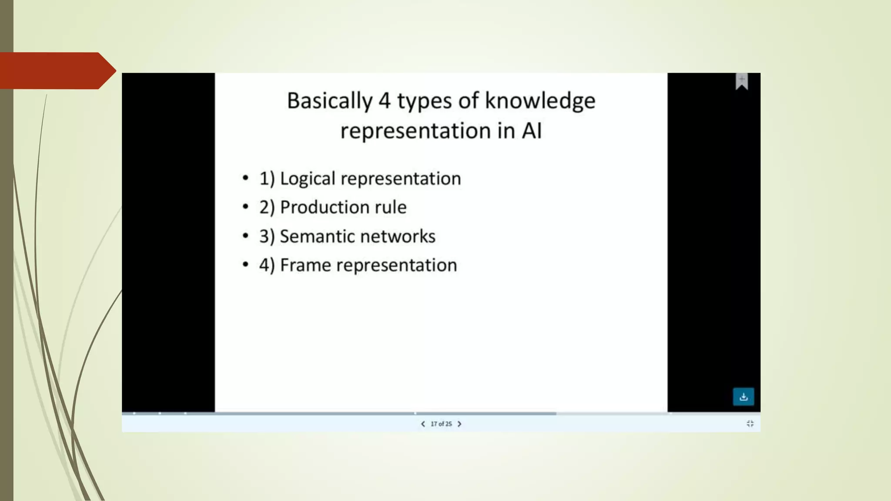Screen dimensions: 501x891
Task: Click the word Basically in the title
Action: coord(329,101)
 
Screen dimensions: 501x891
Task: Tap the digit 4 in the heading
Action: coord(384,101)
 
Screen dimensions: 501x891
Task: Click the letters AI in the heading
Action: coord(532,130)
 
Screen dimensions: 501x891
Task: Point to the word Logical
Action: coord(307,179)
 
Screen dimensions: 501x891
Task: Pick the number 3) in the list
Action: coord(267,237)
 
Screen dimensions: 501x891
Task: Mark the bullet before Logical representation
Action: coord(246,178)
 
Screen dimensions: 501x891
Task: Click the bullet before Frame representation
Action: coord(246,264)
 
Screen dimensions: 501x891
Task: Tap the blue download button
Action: coord(744,397)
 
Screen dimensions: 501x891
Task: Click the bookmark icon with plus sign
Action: coord(742,81)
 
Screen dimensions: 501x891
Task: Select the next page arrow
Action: coord(459,424)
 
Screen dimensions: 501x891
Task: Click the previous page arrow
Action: coord(423,424)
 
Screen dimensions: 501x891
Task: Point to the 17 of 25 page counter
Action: coord(441,424)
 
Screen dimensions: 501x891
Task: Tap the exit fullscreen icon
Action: coord(750,424)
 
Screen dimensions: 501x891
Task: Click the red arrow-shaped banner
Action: coord(54,70)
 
